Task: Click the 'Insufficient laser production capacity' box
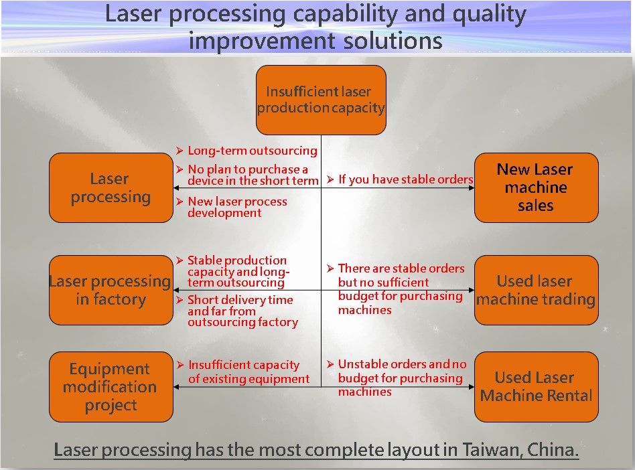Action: (x=321, y=100)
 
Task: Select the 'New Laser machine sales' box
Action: (x=536, y=188)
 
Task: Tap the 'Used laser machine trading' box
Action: (x=536, y=290)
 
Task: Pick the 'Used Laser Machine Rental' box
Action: (x=536, y=386)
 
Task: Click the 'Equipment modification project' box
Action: (x=111, y=386)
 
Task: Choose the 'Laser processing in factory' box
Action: (x=111, y=290)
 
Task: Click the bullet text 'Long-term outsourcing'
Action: (x=253, y=151)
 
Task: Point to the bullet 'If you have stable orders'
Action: (x=406, y=179)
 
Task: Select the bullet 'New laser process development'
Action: (x=237, y=207)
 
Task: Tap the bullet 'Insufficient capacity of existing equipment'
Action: (x=249, y=372)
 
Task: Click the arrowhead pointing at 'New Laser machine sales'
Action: (x=472, y=188)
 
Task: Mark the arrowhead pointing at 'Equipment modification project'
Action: (x=176, y=387)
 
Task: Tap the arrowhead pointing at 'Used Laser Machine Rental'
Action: (x=472, y=387)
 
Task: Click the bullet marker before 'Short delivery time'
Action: (x=180, y=300)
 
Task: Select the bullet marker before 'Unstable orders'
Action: (x=330, y=364)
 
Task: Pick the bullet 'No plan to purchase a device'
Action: (x=253, y=175)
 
